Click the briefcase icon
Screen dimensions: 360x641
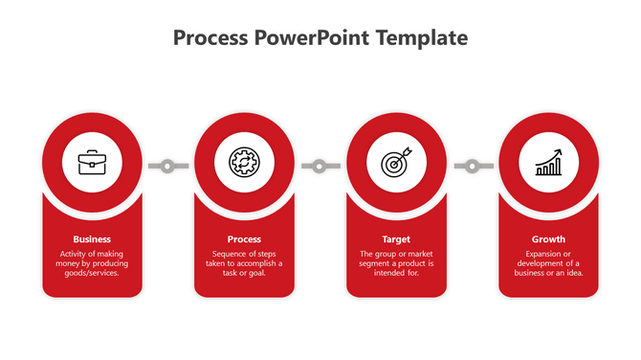click(93, 163)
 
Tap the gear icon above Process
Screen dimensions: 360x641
click(244, 163)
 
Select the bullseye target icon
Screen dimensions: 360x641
click(396, 163)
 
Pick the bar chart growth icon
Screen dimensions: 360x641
click(548, 163)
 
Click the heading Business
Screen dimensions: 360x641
click(92, 239)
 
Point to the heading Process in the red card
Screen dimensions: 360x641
click(244, 239)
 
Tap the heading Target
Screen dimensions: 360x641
click(396, 239)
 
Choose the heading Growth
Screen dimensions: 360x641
click(548, 239)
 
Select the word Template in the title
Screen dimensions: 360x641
click(422, 38)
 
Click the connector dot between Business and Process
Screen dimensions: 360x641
click(168, 167)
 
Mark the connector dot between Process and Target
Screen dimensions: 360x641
click(320, 167)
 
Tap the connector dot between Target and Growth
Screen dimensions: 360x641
click(473, 167)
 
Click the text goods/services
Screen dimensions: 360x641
click(93, 273)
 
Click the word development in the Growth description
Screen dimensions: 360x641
click(542, 263)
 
